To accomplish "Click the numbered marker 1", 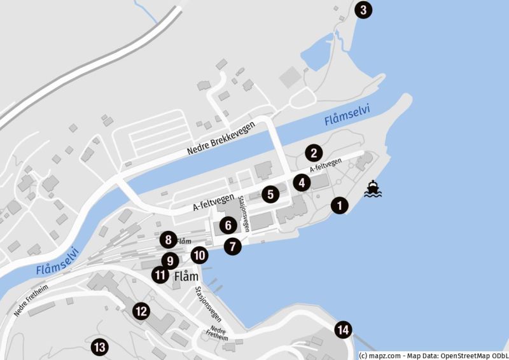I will click(x=340, y=205).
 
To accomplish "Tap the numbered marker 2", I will click(x=313, y=153).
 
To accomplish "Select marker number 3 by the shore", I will click(x=363, y=10).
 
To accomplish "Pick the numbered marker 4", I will click(x=302, y=183).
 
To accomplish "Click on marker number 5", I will click(x=270, y=194).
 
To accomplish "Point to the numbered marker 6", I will click(x=227, y=225).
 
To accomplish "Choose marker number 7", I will click(x=234, y=246).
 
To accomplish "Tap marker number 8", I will click(x=168, y=240).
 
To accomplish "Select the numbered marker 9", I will click(x=169, y=260).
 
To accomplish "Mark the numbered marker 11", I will click(x=160, y=275).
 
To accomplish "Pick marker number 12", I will click(x=141, y=311).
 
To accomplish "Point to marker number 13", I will click(x=99, y=347).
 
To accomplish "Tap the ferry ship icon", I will click(x=373, y=190).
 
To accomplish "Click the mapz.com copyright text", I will click(x=433, y=356).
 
